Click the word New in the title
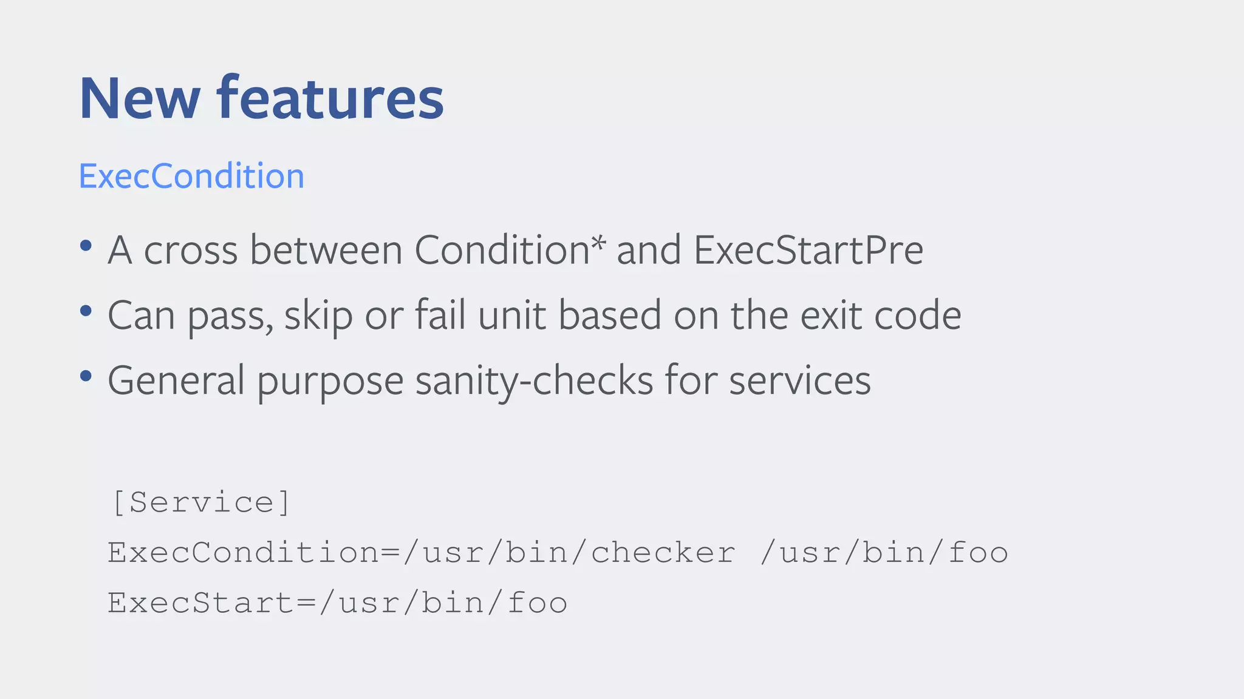click(x=139, y=98)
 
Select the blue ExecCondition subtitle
click(x=191, y=176)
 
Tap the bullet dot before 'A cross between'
click(x=86, y=246)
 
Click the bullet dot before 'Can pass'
click(x=86, y=311)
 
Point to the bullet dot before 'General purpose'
click(x=86, y=376)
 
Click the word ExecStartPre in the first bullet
click(x=808, y=249)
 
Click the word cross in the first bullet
click(x=190, y=251)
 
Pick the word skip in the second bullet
click(x=318, y=316)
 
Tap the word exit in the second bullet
click(x=830, y=315)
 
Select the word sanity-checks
click(x=534, y=380)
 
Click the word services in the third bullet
click(x=799, y=380)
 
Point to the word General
click(x=176, y=380)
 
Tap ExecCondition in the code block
click(x=244, y=553)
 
